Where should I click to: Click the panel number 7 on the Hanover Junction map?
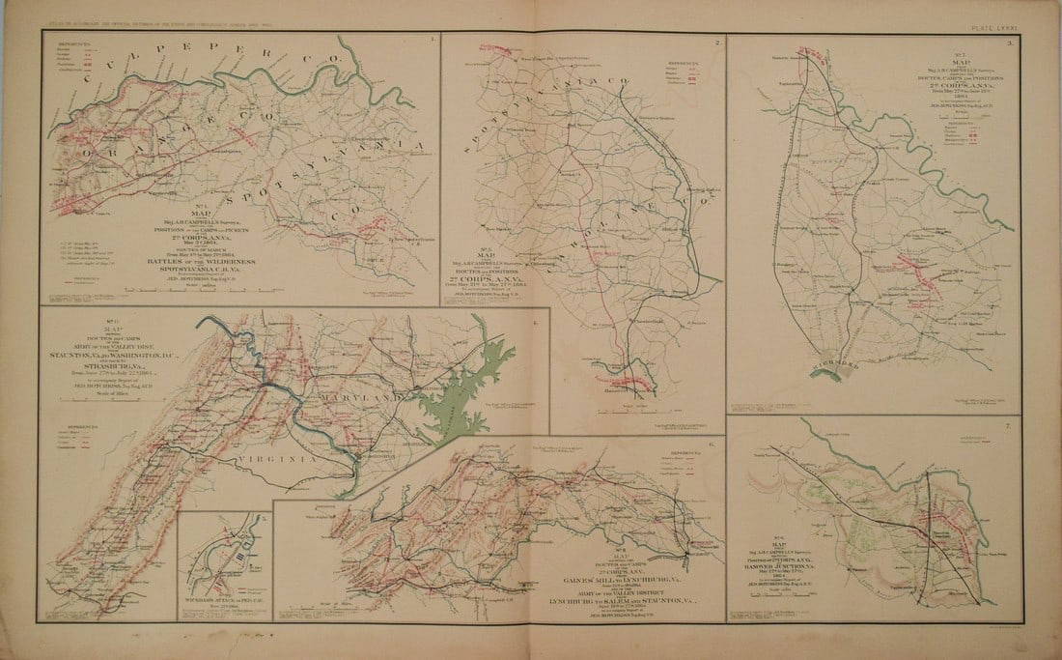coord(1007,424)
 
